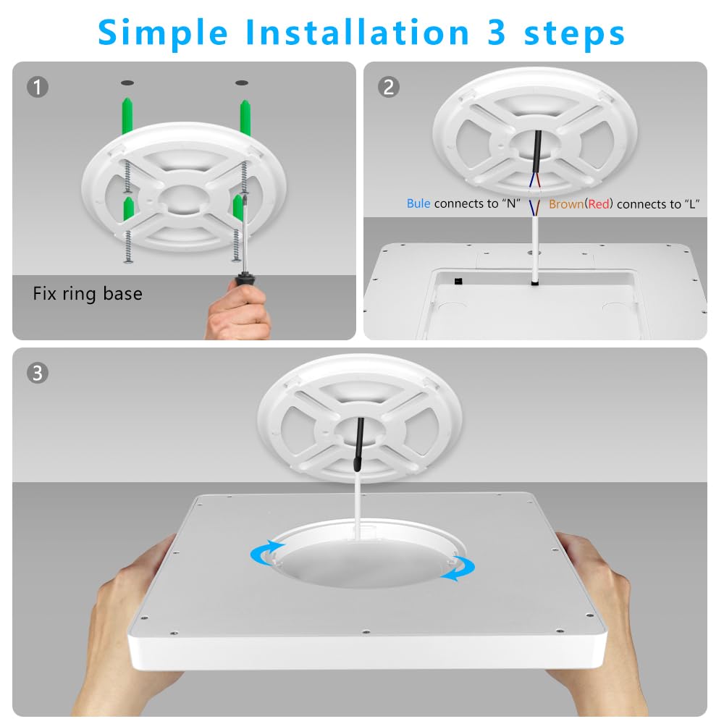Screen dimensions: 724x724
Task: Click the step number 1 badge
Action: point(38,88)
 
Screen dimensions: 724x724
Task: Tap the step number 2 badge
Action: point(389,88)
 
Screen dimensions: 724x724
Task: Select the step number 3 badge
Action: point(38,374)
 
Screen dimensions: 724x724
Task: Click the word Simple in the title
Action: point(164,33)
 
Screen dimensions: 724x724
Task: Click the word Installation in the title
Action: point(356,33)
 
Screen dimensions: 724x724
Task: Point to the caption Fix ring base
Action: point(88,294)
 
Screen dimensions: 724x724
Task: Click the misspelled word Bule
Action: point(418,204)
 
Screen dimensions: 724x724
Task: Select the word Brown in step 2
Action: point(565,204)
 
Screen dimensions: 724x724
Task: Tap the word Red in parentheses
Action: point(599,204)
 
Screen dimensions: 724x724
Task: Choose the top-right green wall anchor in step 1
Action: point(245,116)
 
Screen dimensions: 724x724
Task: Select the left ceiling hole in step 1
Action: point(127,82)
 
